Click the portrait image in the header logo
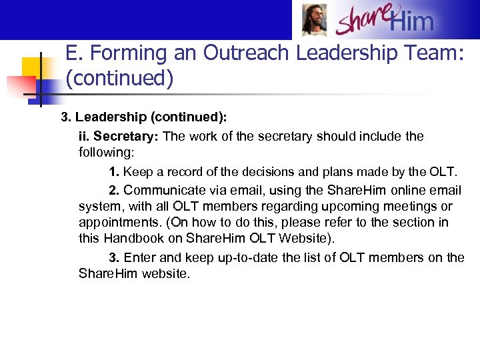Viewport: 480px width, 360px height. (x=314, y=19)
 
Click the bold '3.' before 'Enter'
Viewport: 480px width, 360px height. (x=115, y=258)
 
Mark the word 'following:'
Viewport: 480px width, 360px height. (x=106, y=152)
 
